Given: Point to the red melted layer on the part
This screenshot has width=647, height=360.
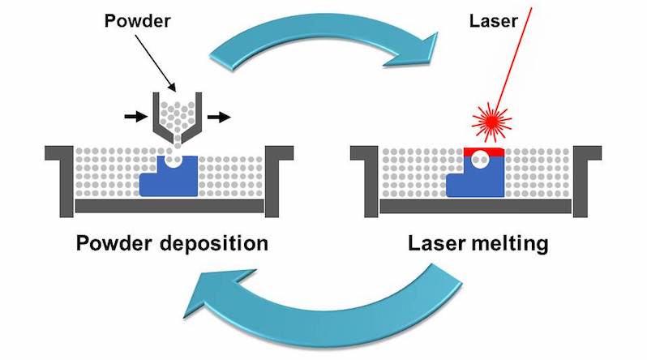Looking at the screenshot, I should [x=484, y=151].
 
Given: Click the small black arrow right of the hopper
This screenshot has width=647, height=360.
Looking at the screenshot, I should [x=216, y=117].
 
